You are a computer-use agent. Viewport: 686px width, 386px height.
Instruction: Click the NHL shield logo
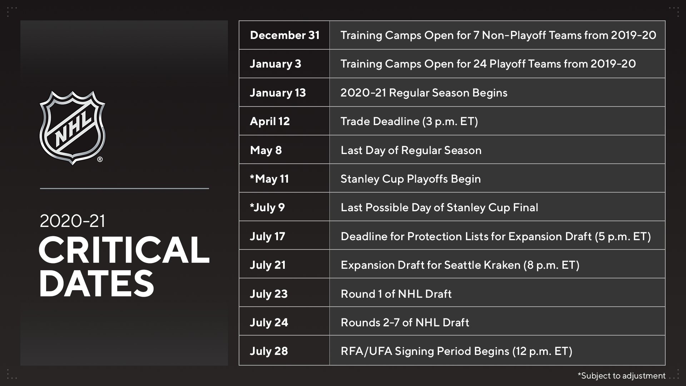click(x=73, y=128)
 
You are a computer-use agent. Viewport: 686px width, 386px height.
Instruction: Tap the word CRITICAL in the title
click(x=124, y=250)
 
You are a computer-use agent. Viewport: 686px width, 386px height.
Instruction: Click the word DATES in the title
click(x=96, y=283)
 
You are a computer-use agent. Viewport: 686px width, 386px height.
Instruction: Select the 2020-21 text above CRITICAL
click(x=73, y=221)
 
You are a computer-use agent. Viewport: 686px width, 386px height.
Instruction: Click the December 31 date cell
click(x=284, y=35)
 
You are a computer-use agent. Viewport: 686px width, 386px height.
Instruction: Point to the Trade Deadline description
click(x=409, y=121)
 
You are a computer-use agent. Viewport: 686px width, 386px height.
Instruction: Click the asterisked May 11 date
click(x=269, y=179)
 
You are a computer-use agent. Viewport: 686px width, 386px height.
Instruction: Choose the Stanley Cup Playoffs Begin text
click(x=411, y=179)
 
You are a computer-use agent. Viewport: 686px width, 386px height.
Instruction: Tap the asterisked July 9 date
click(x=267, y=207)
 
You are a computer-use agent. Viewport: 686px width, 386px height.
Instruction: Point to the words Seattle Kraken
click(x=482, y=265)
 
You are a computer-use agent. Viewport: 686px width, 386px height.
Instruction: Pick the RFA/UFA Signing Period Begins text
click(x=425, y=351)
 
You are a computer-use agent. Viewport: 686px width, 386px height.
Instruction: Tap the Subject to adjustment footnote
click(x=621, y=376)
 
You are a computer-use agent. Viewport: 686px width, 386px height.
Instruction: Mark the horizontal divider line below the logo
click(x=124, y=188)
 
